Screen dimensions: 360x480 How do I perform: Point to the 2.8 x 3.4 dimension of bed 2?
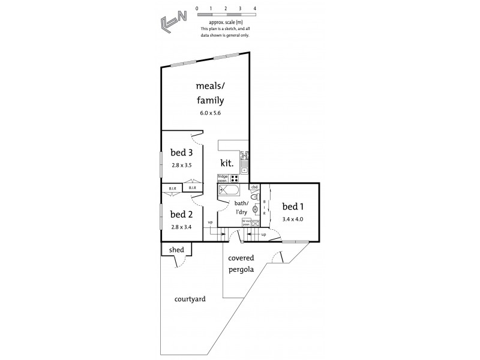[x=182, y=227]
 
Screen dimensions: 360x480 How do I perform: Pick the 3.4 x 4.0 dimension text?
[x=293, y=220]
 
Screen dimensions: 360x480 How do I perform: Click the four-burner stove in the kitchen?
[x=235, y=178]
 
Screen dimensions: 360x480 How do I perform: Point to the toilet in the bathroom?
[x=254, y=197]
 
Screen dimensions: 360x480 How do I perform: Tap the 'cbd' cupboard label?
[x=254, y=187]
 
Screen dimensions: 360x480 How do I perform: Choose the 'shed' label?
[x=176, y=250]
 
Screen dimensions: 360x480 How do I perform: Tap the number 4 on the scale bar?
[x=255, y=8]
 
